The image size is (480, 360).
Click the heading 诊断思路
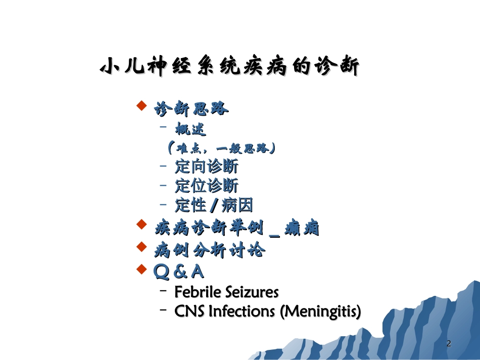click(x=191, y=109)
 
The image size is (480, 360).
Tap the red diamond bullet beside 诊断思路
click(x=142, y=106)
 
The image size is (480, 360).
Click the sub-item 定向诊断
click(x=206, y=167)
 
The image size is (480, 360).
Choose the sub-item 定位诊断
click(x=206, y=186)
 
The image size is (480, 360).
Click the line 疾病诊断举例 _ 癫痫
click(x=236, y=229)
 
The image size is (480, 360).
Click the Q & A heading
click(x=178, y=272)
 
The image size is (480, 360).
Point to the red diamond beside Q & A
click(x=142, y=268)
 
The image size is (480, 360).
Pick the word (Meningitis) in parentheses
click(x=320, y=312)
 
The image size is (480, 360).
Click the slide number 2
click(x=449, y=344)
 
